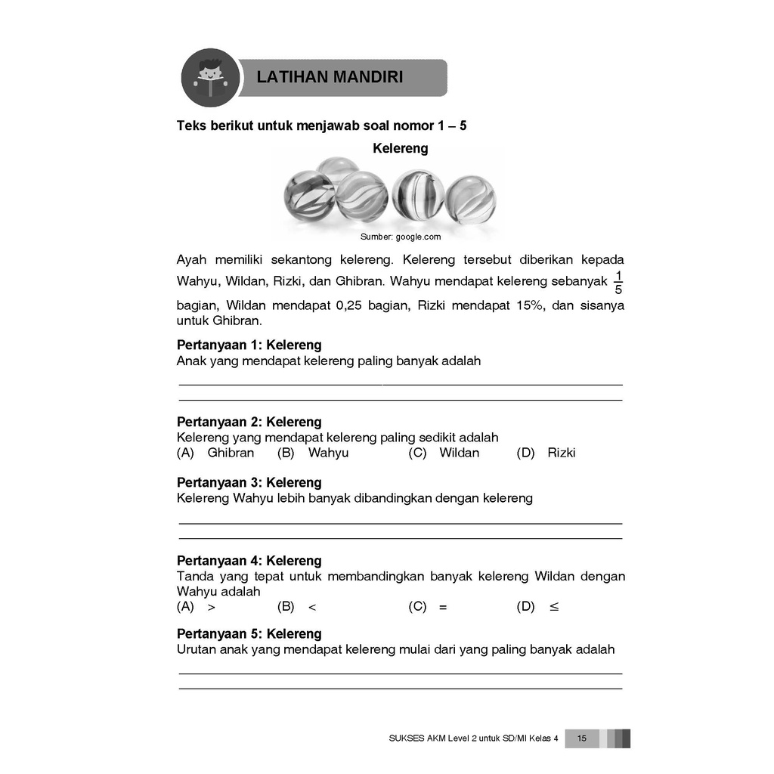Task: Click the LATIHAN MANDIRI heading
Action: (330, 77)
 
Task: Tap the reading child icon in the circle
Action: (209, 77)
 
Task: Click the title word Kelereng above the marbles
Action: (400, 148)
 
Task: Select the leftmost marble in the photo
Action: (308, 196)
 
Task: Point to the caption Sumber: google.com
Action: (400, 237)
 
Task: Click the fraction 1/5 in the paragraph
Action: (618, 282)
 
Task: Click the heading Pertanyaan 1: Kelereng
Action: (249, 345)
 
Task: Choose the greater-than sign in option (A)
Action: (211, 607)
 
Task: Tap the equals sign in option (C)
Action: (443, 607)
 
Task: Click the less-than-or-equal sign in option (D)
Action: (554, 607)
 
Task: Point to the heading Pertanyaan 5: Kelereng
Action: (249, 634)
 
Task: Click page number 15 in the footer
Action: (581, 738)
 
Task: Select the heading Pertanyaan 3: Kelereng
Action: (249, 482)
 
